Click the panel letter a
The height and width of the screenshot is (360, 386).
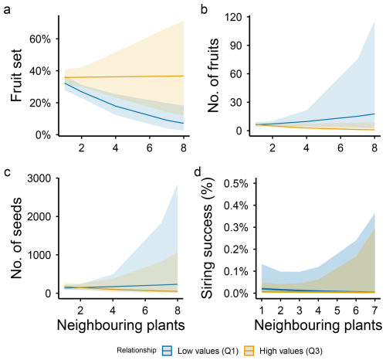coord(7,10)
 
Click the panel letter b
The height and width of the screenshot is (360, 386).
coord(204,9)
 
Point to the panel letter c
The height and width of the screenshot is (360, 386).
coord(7,172)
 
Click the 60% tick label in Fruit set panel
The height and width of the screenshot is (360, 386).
coord(40,39)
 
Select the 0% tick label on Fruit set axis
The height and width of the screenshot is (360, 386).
coord(43,135)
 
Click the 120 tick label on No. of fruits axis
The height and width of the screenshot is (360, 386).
coord(233,17)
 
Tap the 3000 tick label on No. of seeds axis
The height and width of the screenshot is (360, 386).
coord(39,178)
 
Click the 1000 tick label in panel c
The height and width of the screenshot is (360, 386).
coord(39,255)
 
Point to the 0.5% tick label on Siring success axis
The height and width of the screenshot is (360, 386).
coord(236,184)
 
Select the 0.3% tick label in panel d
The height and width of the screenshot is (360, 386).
coord(236,228)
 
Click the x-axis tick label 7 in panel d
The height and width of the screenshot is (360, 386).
coord(374,311)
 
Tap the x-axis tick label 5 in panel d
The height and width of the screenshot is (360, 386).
coord(337,311)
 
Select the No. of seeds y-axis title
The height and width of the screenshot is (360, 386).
coord(16,238)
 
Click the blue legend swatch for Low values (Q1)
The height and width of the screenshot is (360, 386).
coord(168,351)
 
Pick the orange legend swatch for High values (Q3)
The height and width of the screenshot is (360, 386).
coord(249,351)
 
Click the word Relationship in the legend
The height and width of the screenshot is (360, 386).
coord(137,350)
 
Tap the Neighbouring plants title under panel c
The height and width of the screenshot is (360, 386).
coord(121,325)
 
